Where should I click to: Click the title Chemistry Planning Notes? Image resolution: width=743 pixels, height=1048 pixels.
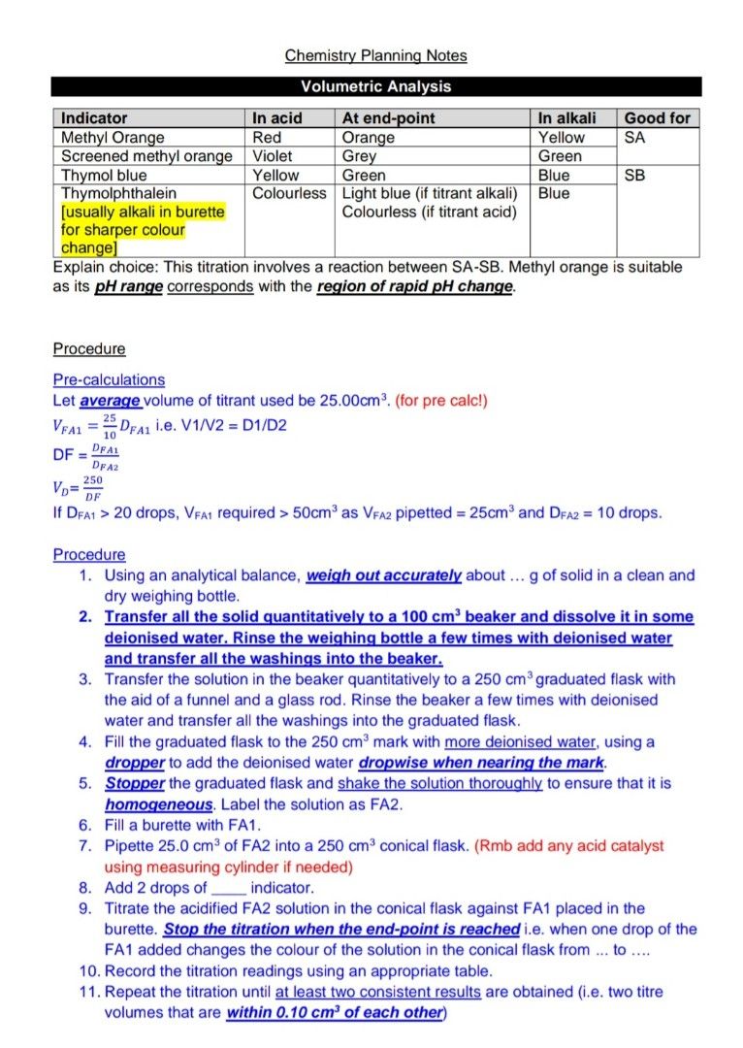[x=375, y=55]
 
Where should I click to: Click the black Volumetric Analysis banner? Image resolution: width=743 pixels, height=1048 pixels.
[x=375, y=86]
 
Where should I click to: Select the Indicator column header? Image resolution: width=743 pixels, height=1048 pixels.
[x=94, y=118]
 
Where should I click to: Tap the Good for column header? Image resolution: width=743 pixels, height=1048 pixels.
[x=657, y=118]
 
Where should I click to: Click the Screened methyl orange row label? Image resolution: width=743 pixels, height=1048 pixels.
[x=146, y=156]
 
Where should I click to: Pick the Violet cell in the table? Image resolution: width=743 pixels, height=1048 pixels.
[x=273, y=156]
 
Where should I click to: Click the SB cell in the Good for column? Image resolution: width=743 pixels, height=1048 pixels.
[x=635, y=176]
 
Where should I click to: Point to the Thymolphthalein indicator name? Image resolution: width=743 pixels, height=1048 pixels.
[x=118, y=193]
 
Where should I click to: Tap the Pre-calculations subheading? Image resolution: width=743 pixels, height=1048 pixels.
[x=109, y=379]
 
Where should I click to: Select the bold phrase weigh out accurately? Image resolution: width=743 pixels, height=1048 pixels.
[x=384, y=575]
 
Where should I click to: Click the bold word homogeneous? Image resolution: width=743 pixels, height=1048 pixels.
[x=159, y=804]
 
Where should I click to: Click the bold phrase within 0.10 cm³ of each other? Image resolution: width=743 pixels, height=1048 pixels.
[x=335, y=1012]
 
